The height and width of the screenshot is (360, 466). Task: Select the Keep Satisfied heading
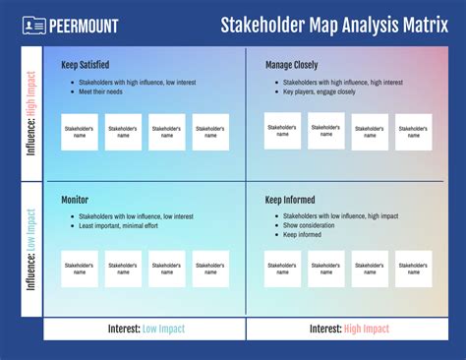point(83,65)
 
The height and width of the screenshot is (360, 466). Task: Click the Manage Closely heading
point(292,65)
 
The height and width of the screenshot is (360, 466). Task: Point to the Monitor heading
point(75,200)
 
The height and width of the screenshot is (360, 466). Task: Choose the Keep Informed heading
point(290,200)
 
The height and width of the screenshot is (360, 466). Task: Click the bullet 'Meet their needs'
point(101,91)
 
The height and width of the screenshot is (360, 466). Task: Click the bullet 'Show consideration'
point(309,225)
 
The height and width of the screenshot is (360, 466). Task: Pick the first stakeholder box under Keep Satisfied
point(80,132)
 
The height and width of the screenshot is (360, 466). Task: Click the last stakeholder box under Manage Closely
point(413,132)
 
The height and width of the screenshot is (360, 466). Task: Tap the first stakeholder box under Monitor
point(80,268)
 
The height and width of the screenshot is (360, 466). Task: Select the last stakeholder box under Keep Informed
point(413,268)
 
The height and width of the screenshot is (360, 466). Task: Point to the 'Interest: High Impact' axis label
point(348,329)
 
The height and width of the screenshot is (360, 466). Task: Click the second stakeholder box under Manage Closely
point(325,131)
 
